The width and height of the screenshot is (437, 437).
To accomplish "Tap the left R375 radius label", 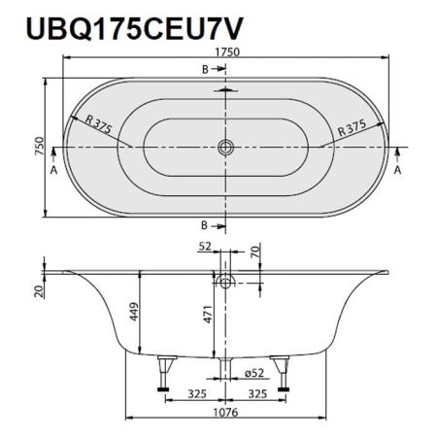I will click(101, 125).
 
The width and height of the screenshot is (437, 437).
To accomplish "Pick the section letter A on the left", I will click(53, 167).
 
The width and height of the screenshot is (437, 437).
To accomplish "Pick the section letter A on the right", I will click(399, 168).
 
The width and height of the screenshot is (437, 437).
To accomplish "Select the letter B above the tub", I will click(205, 69).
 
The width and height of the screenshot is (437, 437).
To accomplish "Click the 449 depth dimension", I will click(133, 312).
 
